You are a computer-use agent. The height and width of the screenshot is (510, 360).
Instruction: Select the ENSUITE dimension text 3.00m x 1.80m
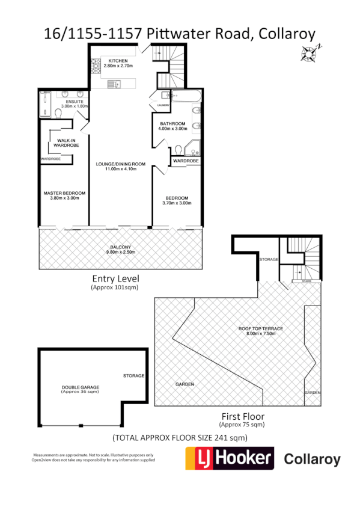pos(75,106)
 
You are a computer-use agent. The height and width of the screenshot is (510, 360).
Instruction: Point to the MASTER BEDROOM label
pos(64,193)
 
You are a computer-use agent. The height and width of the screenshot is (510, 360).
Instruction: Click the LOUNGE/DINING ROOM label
pos(121,164)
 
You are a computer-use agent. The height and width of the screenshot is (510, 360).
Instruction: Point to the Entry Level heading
pos(115,278)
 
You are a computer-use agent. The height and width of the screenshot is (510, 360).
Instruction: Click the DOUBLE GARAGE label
pos(80,387)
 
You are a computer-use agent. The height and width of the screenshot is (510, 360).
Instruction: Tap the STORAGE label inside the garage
pos(133,376)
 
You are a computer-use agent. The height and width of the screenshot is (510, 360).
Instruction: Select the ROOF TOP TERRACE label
pos(260,328)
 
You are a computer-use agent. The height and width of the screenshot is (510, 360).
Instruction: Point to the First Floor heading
pos(242,416)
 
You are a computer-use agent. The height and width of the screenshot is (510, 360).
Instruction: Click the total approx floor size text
pos(180,438)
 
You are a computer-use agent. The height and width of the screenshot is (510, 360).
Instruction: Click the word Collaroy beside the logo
pos(311,460)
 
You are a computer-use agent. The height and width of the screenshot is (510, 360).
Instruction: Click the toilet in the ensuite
pos(58,113)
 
